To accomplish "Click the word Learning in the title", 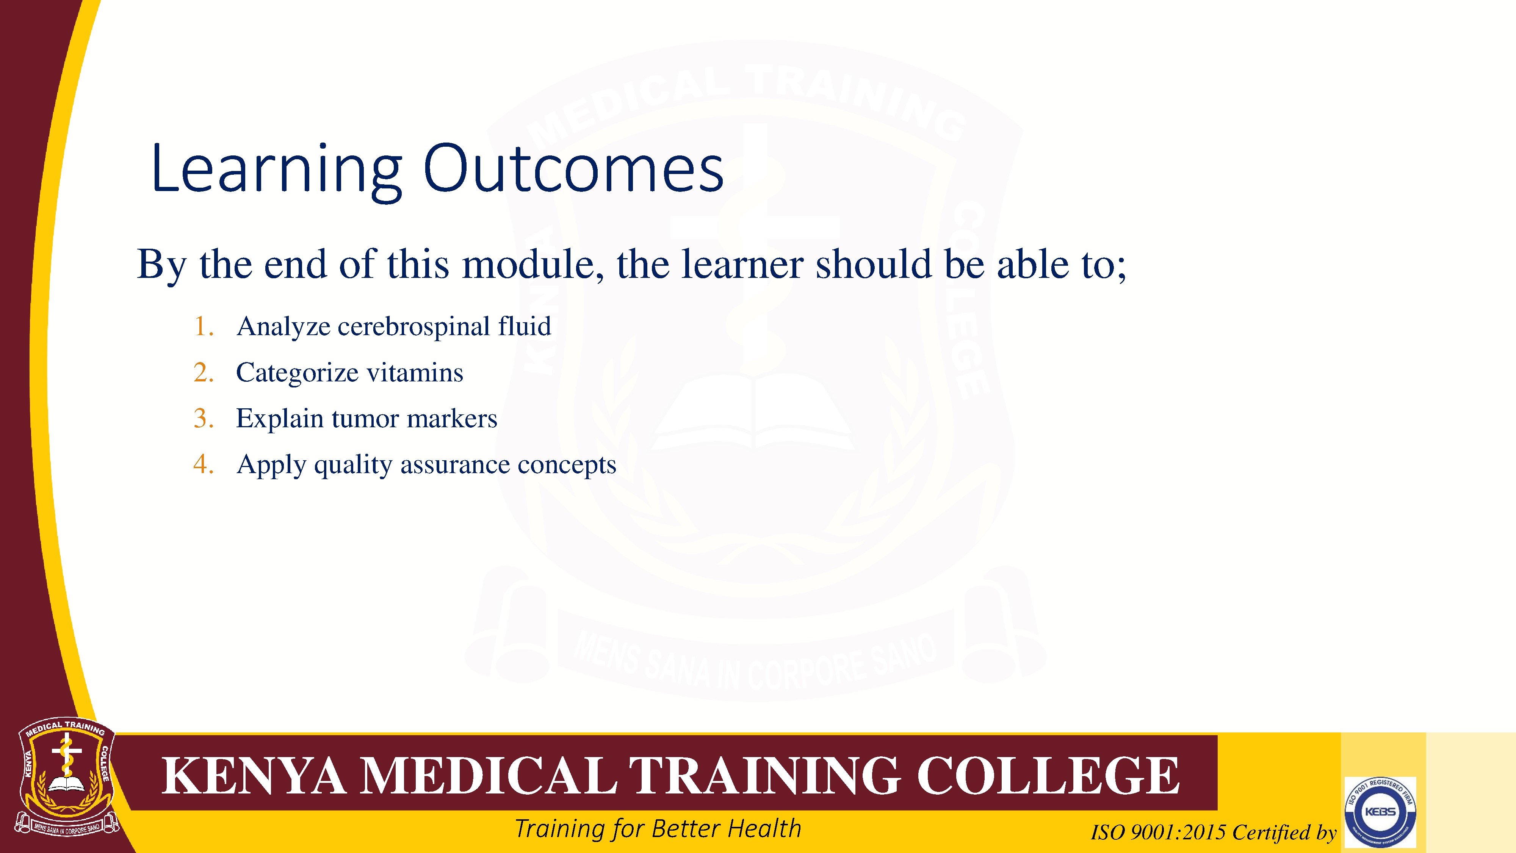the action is pyautogui.click(x=277, y=169).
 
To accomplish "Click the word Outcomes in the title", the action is pyautogui.click(x=573, y=169).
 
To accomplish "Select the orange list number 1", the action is pyautogui.click(x=203, y=326).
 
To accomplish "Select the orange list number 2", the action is pyautogui.click(x=203, y=372).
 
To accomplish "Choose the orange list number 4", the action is pyautogui.click(x=203, y=464).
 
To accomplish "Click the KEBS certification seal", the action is pyautogui.click(x=1380, y=812).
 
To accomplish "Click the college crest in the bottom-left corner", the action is pyautogui.click(x=66, y=778).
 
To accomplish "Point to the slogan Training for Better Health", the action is pyautogui.click(x=658, y=829).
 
